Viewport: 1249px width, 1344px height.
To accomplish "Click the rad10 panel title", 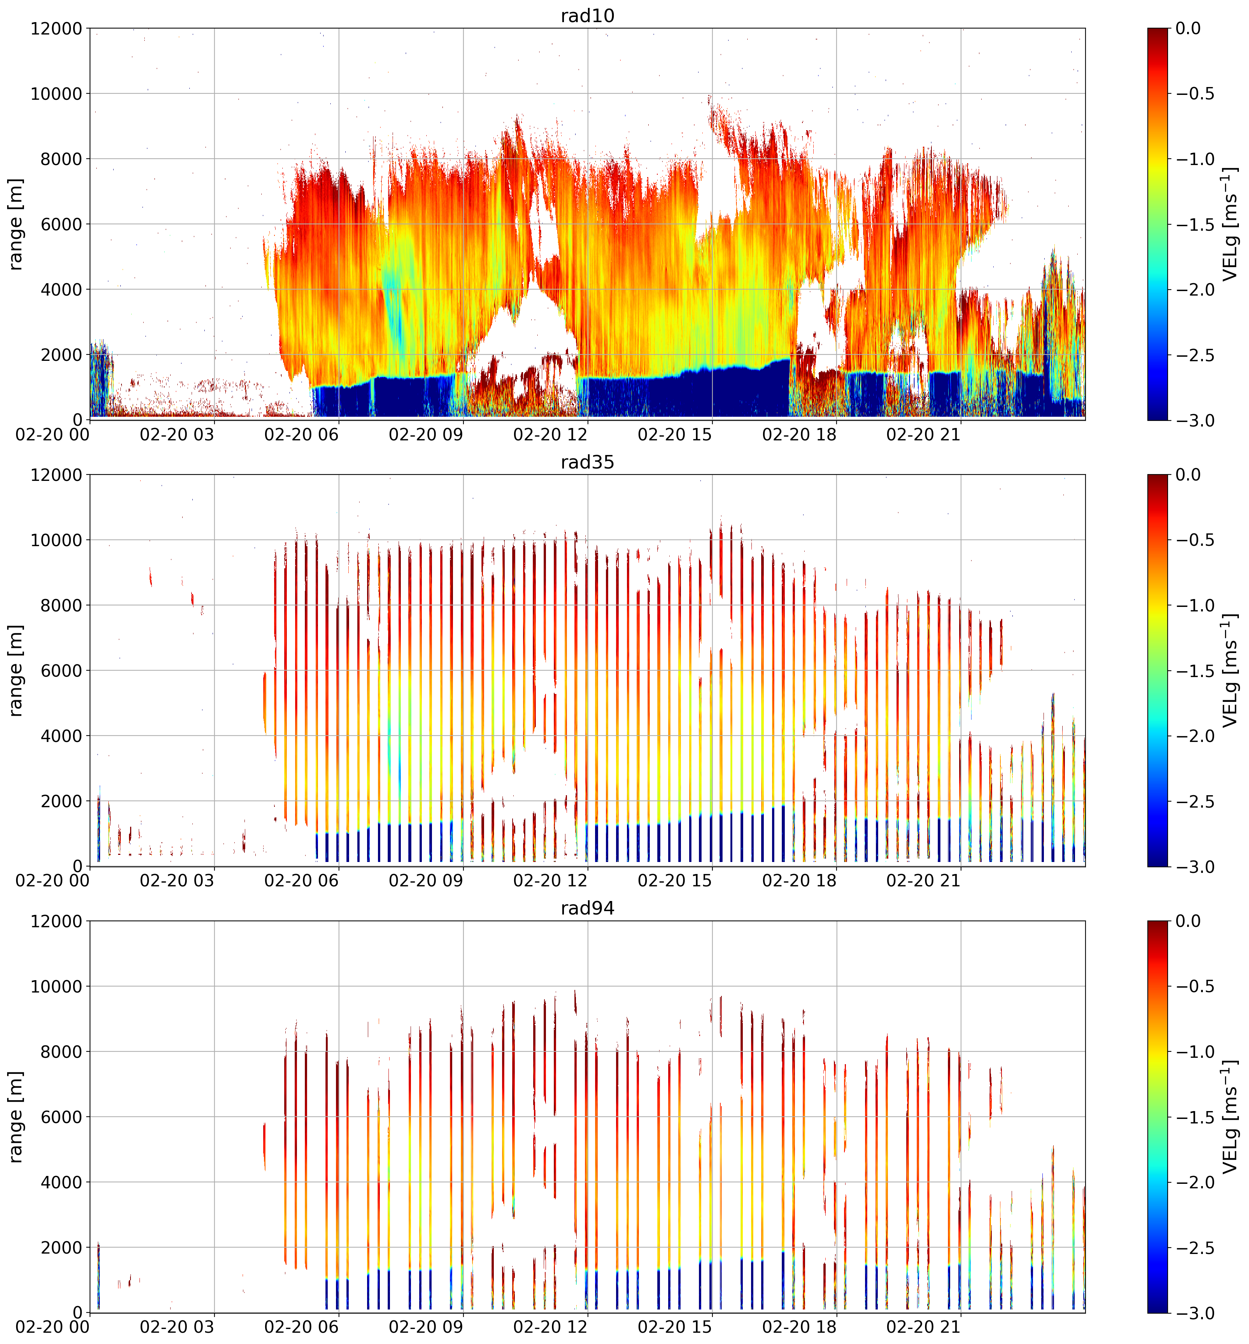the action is (x=587, y=15).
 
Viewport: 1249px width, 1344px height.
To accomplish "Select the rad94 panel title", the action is (x=587, y=908).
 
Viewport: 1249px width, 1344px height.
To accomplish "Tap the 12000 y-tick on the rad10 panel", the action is (x=56, y=29).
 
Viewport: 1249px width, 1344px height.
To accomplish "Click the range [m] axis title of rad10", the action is (x=15, y=224).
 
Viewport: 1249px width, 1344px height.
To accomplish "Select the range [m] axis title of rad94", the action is (x=15, y=1116).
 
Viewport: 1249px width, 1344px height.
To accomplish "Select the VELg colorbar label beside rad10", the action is (x=1230, y=224).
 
